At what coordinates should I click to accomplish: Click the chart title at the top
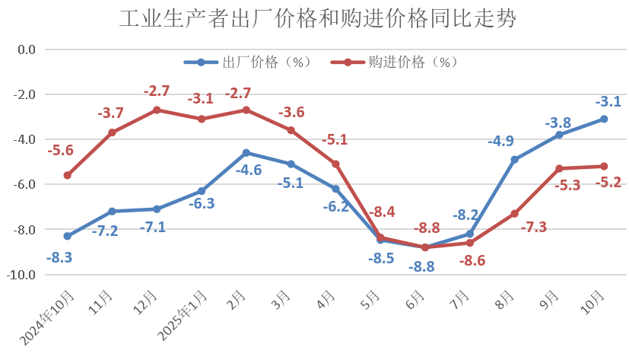pyautogui.click(x=318, y=19)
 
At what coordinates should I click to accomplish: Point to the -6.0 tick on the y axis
pyautogui.click(x=27, y=185)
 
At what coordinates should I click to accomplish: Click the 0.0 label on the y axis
pyautogui.click(x=27, y=49)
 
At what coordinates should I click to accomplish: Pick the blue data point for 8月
pyautogui.click(x=515, y=160)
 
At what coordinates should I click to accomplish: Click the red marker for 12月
pyautogui.click(x=157, y=110)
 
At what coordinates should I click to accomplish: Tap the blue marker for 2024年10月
pyautogui.click(x=68, y=236)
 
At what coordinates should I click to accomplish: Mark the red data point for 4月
pyautogui.click(x=335, y=164)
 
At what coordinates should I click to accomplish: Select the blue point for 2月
pyautogui.click(x=246, y=153)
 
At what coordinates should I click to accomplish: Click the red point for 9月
pyautogui.click(x=559, y=168)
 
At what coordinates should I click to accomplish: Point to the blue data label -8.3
pyautogui.click(x=59, y=257)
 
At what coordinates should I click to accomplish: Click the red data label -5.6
pyautogui.click(x=60, y=151)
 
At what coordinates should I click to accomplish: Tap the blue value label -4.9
pyautogui.click(x=500, y=141)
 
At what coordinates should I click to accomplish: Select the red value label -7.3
pyautogui.click(x=532, y=227)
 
